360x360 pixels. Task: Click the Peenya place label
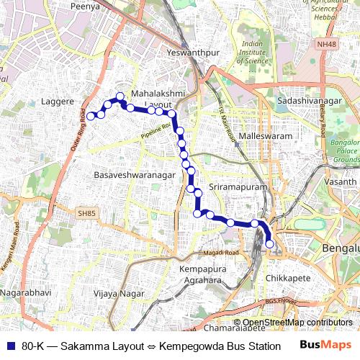[85, 6]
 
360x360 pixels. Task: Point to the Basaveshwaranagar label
[135, 175]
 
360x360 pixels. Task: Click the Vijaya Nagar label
[120, 293]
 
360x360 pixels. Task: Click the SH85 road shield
[86, 212]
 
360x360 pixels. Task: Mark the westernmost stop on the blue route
[91, 115]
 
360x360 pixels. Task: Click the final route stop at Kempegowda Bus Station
[270, 244]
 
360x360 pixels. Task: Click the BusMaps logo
[325, 345]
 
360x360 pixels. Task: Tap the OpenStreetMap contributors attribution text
[297, 323]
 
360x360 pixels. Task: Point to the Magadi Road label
[220, 253]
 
